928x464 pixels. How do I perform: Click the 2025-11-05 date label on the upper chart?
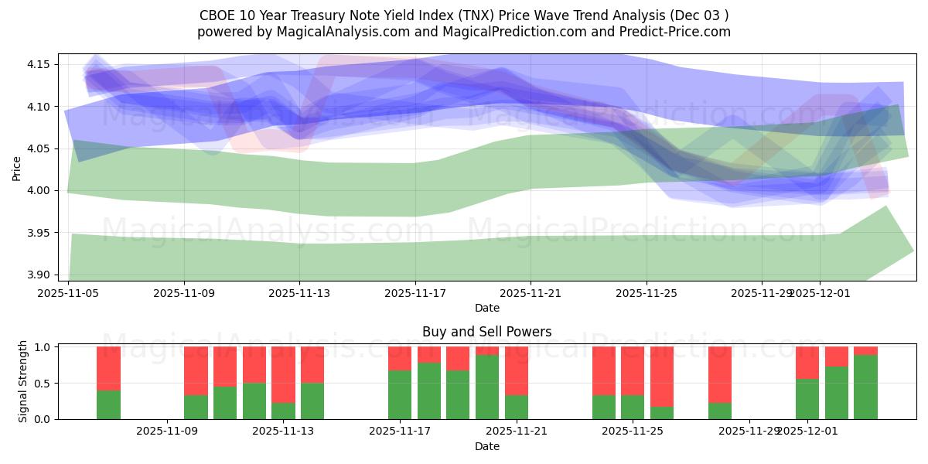[x=69, y=293]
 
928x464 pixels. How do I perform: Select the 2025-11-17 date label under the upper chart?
[x=415, y=293]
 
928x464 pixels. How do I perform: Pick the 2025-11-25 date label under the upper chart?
[x=647, y=293]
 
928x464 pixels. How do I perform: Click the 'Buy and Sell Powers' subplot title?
[x=486, y=332]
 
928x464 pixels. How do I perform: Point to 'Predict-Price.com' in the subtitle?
[x=680, y=32]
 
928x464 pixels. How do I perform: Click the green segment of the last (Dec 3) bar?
[x=865, y=387]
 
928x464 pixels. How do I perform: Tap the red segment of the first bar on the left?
[x=108, y=368]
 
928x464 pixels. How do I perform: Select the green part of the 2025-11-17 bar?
[x=400, y=394]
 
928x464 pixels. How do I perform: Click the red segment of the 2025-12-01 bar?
[x=807, y=363]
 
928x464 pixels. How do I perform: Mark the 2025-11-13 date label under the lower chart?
[x=284, y=432]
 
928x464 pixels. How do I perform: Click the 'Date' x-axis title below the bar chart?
[x=486, y=446]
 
